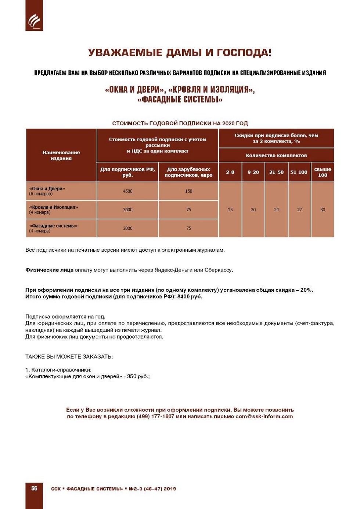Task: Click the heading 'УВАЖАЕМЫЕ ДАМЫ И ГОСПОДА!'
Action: point(180,53)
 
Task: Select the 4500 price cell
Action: point(127,191)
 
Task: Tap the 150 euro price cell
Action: point(188,191)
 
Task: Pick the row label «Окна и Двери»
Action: point(47,189)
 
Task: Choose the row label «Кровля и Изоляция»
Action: point(54,207)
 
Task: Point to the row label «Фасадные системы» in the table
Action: point(53,226)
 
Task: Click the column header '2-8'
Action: point(230,172)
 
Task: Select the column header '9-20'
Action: point(253,172)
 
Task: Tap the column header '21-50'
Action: point(276,172)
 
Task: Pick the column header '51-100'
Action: point(299,172)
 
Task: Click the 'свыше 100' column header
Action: point(323,172)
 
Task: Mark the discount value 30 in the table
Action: point(323,210)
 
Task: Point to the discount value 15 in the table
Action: point(230,210)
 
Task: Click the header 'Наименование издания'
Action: point(61,155)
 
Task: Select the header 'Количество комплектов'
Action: point(276,155)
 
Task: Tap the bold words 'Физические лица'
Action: point(49,270)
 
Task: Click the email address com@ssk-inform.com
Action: point(264,416)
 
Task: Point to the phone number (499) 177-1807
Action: point(155,416)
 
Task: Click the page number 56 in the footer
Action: point(34,488)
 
